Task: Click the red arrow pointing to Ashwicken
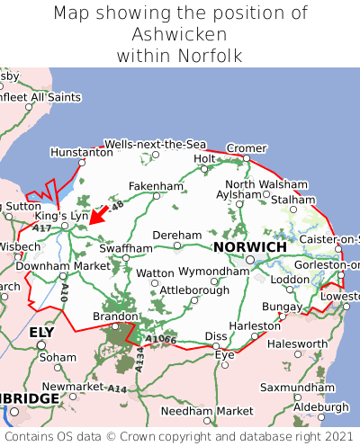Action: pyautogui.click(x=99, y=212)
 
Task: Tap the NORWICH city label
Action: pyautogui.click(x=250, y=246)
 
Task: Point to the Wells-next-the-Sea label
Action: pyautogui.click(x=155, y=144)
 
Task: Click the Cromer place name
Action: pyautogui.click(x=246, y=148)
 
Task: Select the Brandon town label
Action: pyautogui.click(x=113, y=317)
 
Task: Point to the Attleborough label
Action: pyautogui.click(x=193, y=290)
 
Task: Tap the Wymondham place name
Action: pyautogui.click(x=213, y=271)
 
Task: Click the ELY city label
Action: pyautogui.click(x=41, y=333)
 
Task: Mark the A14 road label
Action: pyautogui.click(x=117, y=388)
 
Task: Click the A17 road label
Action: pyautogui.click(x=42, y=229)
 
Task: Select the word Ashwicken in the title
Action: pyautogui.click(x=179, y=35)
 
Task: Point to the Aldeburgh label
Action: pyautogui.click(x=319, y=406)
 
